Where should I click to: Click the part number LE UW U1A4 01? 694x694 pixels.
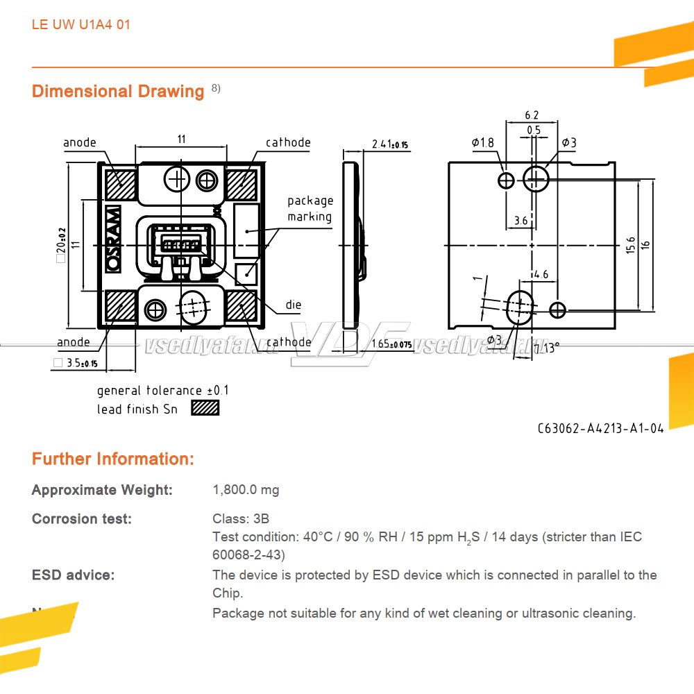pos(81,25)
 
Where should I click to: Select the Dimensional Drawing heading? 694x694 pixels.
pos(118,92)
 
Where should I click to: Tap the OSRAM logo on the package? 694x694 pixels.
pos(113,238)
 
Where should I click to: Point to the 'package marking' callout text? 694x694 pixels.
pos(310,209)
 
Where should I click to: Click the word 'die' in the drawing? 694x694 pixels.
pos(294,305)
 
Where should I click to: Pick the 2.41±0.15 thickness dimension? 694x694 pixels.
pos(390,144)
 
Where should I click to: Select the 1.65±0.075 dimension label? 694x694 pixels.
pos(391,344)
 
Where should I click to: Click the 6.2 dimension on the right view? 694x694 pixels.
pos(532,115)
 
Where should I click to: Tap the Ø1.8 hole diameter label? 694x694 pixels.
pos(483,143)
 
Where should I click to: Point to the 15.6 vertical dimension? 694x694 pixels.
pos(630,245)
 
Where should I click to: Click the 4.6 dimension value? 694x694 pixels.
pos(541,274)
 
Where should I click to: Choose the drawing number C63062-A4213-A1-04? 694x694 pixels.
pos(600,428)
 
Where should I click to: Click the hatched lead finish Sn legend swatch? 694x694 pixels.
pos(205,409)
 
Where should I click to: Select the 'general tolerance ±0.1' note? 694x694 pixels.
pos(162,391)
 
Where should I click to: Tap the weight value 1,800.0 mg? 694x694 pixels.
pos(246,490)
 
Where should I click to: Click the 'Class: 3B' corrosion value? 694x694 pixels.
pos(241,519)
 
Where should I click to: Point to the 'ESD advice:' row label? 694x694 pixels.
pos(74,575)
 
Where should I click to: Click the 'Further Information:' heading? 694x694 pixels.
pos(113,459)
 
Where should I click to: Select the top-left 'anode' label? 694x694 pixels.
pos(80,143)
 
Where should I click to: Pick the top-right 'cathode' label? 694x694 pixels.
pos(288,143)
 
